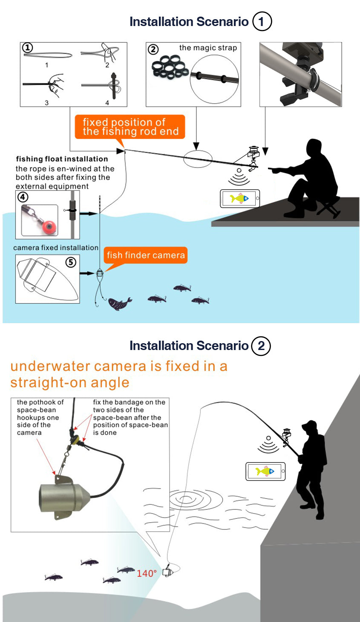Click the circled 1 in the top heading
pyautogui.click(x=262, y=21)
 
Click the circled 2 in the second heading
pyautogui.click(x=261, y=345)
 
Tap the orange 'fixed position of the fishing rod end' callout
pyautogui.click(x=130, y=127)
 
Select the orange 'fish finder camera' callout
pyautogui.click(x=146, y=255)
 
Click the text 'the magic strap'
pyautogui.click(x=208, y=48)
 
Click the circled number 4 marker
pyautogui.click(x=23, y=197)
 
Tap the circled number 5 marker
pyautogui.click(x=71, y=262)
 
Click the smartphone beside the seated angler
pyautogui.click(x=240, y=199)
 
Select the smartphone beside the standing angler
pyautogui.click(x=265, y=472)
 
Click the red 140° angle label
pyautogui.click(x=147, y=574)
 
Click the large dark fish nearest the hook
pyautogui.click(x=119, y=304)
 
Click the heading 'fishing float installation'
pyautogui.click(x=62, y=159)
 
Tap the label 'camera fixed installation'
pyautogui.click(x=56, y=248)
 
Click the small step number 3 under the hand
pyautogui.click(x=47, y=103)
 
